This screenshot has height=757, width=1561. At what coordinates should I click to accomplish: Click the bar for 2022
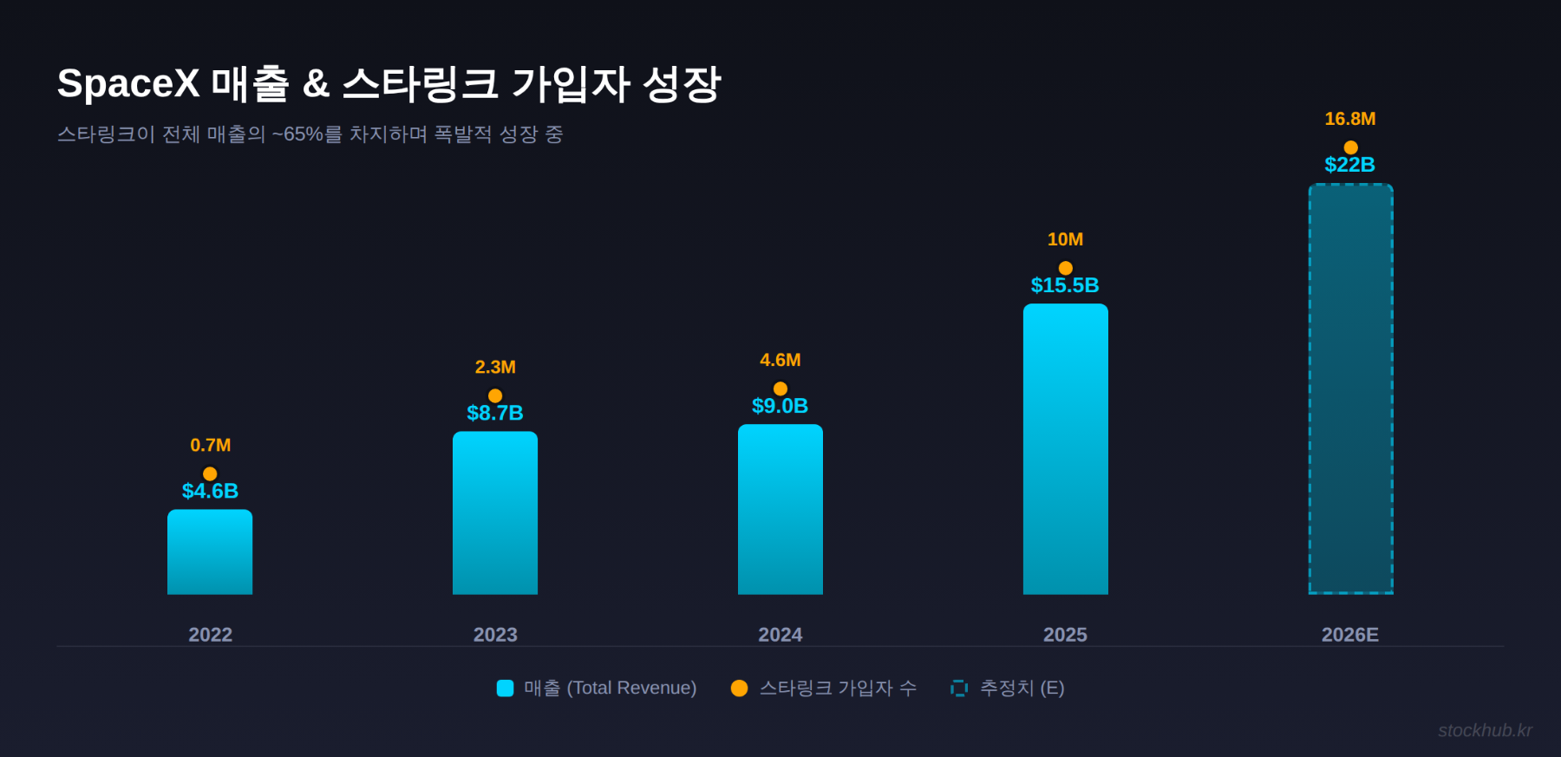coord(210,552)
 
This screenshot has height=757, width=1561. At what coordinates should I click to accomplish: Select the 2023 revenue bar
coord(495,513)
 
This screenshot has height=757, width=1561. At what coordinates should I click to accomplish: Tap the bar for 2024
coord(780,510)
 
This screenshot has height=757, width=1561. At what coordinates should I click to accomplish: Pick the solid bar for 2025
coord(1065,449)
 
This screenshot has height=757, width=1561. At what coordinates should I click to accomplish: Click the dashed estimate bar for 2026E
coord(1350,389)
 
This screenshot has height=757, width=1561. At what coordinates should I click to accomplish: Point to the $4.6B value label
coord(210,491)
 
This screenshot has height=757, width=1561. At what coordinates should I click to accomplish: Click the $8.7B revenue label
coord(495,413)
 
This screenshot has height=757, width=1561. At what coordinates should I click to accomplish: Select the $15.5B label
coord(1065,285)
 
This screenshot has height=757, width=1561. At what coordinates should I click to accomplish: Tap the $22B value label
coord(1350,165)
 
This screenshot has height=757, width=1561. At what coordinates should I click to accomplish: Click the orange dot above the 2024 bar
coord(780,388)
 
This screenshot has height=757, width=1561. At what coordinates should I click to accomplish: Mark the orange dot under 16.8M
coord(1350,147)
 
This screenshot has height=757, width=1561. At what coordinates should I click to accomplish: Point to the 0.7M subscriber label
coord(210,445)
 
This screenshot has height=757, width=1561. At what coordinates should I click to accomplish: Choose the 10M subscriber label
coord(1065,239)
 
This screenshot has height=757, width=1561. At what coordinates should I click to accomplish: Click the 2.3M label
coord(495,367)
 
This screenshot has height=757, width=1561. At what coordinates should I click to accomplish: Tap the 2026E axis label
coord(1349,635)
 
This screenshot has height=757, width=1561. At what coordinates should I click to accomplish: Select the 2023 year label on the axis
coord(495,635)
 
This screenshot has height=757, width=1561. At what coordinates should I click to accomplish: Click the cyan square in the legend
coord(505,688)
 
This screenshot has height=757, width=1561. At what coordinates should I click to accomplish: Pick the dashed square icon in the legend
coord(958,688)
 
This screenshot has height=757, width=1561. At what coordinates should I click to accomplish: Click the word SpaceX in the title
coord(128,84)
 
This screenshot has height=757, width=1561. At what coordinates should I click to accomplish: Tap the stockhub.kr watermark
coord(1485,730)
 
